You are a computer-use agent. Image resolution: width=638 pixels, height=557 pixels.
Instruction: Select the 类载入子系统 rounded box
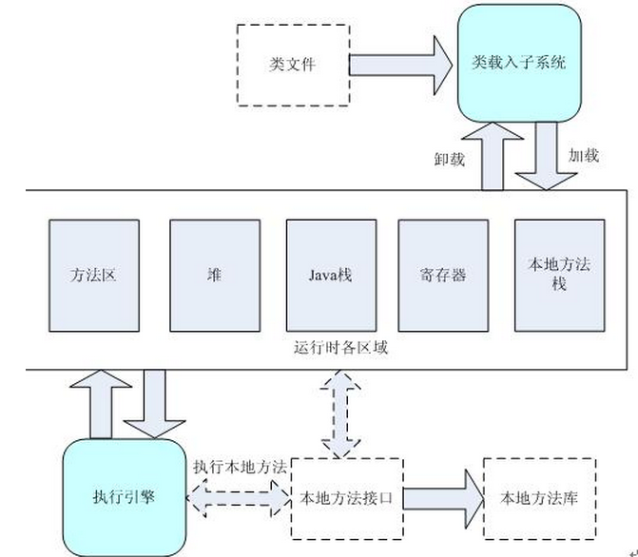coord(518,64)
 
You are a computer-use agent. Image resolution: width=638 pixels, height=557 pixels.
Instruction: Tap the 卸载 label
coord(448,159)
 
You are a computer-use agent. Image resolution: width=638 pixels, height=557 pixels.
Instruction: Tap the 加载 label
coord(583,155)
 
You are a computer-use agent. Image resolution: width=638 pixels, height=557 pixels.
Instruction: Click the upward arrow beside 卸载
coord(494,157)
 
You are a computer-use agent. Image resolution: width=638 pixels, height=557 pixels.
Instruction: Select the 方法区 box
coord(94,276)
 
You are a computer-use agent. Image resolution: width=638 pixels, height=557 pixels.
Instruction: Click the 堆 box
coord(215,276)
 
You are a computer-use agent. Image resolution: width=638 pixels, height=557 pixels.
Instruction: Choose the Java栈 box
coord(330,276)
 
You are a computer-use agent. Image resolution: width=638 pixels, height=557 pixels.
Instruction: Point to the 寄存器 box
coord(442,276)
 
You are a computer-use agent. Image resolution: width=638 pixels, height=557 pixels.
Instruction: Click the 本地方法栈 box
coord(558,276)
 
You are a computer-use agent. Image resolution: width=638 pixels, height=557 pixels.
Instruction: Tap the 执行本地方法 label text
coord(239,468)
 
